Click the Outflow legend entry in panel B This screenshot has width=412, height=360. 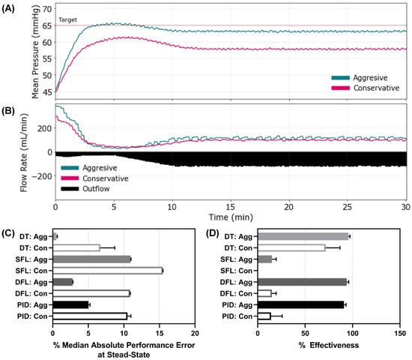pyautogui.click(x=90, y=190)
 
